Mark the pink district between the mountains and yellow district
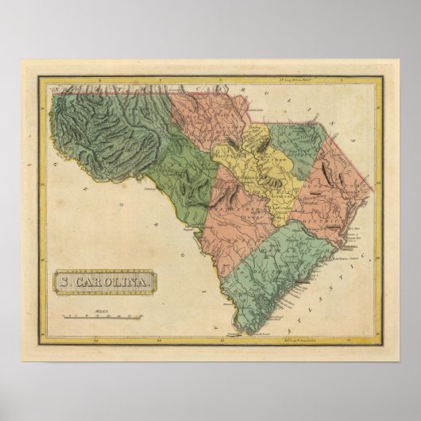[x=210, y=127]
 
